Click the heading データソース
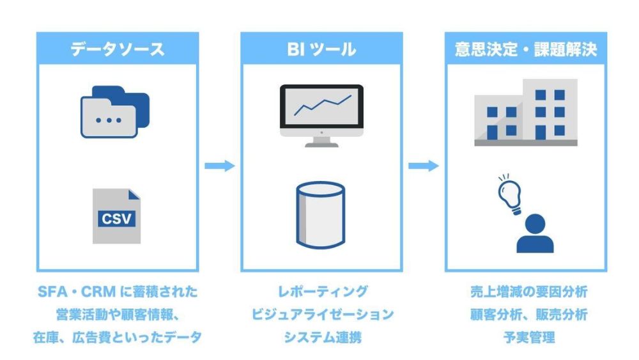(117, 49)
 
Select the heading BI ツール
(321, 49)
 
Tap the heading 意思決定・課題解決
(526, 49)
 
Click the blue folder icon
(115, 113)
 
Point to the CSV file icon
(116, 216)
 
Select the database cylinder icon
(321, 215)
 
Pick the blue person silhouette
(535, 234)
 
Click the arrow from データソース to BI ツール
(219, 166)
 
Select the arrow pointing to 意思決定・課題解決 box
(423, 166)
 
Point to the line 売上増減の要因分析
(526, 292)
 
